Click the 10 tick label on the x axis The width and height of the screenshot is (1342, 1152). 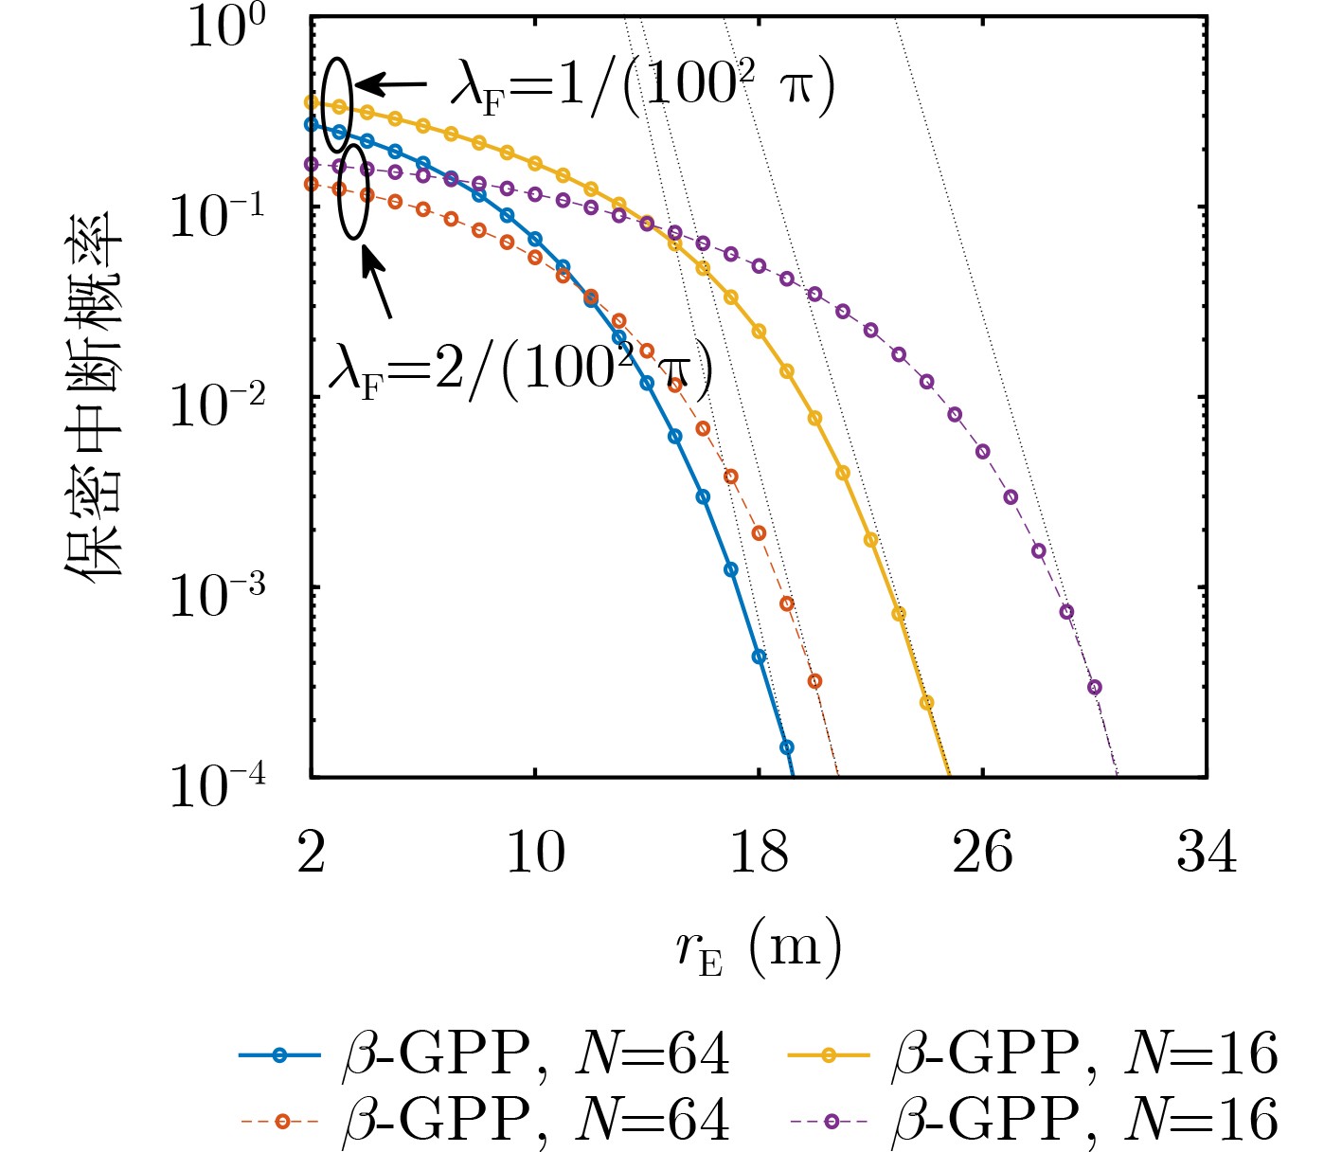tap(535, 852)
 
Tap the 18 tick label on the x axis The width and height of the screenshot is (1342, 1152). tap(759, 852)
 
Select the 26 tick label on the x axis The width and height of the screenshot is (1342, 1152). tap(982, 852)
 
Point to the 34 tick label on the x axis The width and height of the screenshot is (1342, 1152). tap(1207, 852)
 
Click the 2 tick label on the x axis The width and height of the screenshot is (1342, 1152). tap(311, 852)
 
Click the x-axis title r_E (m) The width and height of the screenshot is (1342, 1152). tap(759, 947)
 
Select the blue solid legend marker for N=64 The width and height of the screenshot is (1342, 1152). tap(279, 1055)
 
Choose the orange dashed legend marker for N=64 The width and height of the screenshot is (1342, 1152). tap(279, 1121)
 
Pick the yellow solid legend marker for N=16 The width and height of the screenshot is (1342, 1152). tap(829, 1055)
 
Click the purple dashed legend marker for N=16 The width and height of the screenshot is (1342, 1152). tap(829, 1121)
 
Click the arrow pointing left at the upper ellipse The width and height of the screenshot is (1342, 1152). tap(390, 85)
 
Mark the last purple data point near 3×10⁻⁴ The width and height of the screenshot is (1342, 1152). tap(1095, 687)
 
